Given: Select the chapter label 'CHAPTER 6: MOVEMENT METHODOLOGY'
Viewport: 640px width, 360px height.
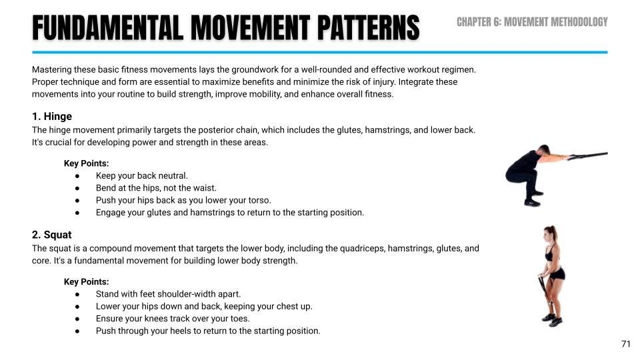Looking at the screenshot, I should point(532,22).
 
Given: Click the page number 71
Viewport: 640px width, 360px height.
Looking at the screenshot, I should point(625,344).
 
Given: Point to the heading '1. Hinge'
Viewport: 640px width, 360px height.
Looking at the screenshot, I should point(52,117).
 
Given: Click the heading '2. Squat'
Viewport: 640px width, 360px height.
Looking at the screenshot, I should point(52,235).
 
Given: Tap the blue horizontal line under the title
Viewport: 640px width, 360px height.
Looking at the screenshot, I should point(320,52).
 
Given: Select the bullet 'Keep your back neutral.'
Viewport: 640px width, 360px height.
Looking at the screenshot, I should point(142,176).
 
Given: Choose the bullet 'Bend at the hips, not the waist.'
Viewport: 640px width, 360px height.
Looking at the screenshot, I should point(156,188).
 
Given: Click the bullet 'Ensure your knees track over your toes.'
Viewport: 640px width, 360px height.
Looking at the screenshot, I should point(173,319).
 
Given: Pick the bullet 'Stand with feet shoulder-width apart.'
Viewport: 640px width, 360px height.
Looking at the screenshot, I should point(168,294).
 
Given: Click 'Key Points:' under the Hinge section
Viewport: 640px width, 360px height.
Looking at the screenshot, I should point(87,163).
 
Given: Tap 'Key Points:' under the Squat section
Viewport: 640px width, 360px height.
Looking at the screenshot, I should point(87,282).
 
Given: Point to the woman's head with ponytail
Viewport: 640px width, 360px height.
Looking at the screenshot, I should point(552,234).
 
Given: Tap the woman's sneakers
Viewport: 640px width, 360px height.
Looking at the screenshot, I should point(550,319).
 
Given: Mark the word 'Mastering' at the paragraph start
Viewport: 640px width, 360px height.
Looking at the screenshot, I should point(52,69).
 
